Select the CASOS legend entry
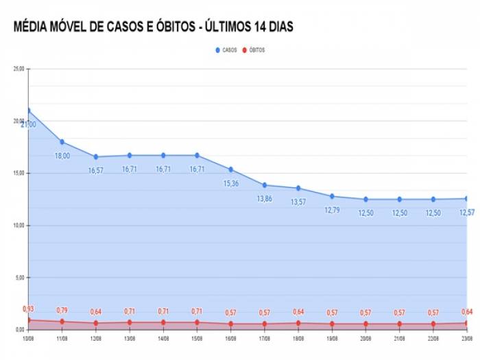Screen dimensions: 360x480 click(227, 50)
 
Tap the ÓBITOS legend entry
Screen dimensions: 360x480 click(254, 50)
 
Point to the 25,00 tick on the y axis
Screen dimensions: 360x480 click(19, 69)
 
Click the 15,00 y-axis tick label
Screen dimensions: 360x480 click(19, 173)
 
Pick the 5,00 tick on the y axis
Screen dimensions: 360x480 click(19, 278)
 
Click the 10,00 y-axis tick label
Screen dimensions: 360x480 click(19, 226)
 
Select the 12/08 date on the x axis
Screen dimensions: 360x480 click(95, 338)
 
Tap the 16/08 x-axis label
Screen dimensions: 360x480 click(230, 338)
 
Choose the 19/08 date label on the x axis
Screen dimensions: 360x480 click(332, 338)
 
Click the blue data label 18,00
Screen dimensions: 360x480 click(62, 156)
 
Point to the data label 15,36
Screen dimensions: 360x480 click(230, 183)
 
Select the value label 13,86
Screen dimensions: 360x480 click(264, 199)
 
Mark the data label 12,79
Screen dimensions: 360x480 click(332, 210)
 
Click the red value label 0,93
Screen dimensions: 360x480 click(28, 309)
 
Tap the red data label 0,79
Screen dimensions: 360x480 click(62, 311)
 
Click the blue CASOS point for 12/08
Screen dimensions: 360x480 click(95, 157)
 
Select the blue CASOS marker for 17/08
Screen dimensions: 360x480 click(264, 185)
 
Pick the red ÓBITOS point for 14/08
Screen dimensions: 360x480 click(163, 322)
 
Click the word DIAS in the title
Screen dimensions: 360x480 click(279, 27)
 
